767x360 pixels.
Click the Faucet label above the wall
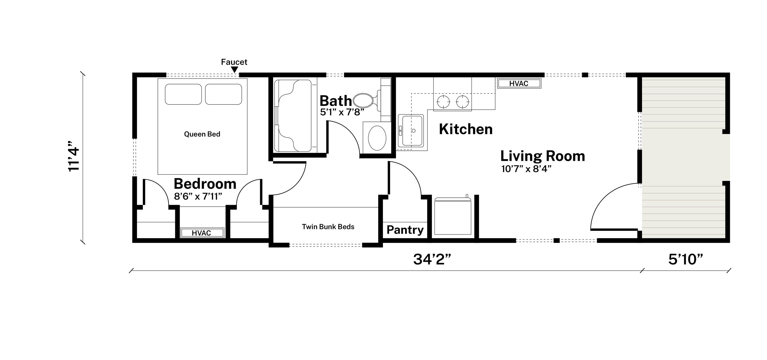[x=234, y=62]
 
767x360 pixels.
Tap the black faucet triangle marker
[x=235, y=70]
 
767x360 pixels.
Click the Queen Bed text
[x=202, y=134]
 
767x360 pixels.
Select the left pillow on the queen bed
[x=183, y=94]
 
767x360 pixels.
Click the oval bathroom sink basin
[x=377, y=138]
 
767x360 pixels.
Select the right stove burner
[x=462, y=102]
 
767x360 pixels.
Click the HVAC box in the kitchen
[x=519, y=84]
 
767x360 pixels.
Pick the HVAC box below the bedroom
[x=201, y=233]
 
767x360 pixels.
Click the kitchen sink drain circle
[x=413, y=131]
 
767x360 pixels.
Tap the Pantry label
[x=405, y=230]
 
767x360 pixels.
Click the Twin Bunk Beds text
[x=328, y=227]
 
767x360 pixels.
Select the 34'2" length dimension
[x=432, y=259]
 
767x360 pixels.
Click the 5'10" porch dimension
[x=685, y=259]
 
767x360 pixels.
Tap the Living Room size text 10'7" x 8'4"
[x=526, y=169]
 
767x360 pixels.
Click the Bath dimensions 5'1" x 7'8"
[x=342, y=112]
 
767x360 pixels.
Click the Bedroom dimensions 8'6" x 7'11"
[x=198, y=197]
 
